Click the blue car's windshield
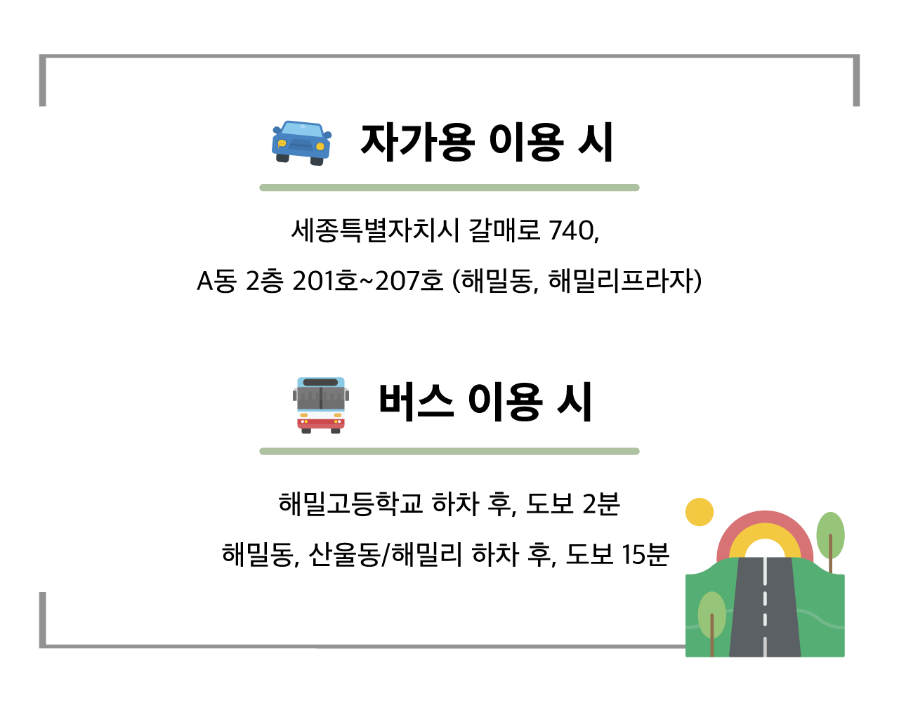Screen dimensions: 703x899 click(x=303, y=130)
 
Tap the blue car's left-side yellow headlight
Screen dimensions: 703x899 click(x=282, y=143)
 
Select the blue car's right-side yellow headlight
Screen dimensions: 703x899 click(x=320, y=147)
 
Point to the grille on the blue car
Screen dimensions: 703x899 click(x=301, y=146)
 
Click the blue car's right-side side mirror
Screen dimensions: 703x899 click(x=328, y=135)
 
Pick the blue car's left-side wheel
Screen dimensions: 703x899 click(x=282, y=158)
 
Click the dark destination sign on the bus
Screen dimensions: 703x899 click(x=320, y=383)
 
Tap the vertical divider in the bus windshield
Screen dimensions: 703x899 click(x=321, y=398)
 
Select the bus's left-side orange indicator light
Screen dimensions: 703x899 click(x=303, y=415)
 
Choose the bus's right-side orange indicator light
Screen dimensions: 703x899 click(x=338, y=415)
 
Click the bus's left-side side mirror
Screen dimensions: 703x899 click(x=295, y=395)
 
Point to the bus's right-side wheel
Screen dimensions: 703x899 click(x=336, y=431)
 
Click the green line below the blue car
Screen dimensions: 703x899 click(x=449, y=188)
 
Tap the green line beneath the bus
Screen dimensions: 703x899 click(x=449, y=451)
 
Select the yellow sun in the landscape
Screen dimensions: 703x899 click(x=700, y=512)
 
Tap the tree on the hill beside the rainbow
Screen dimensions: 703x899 click(x=830, y=535)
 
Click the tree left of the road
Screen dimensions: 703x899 click(x=711, y=615)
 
